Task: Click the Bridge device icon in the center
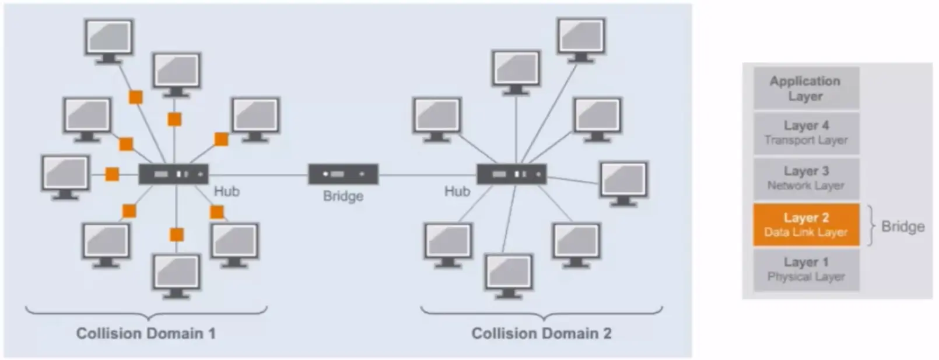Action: (343, 174)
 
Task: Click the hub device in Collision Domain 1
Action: (173, 174)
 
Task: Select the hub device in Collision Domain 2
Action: (511, 174)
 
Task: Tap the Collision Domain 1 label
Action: (146, 334)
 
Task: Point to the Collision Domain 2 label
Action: (541, 334)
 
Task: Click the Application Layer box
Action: (805, 89)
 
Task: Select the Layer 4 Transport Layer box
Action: (806, 133)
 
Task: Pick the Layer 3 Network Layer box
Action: (806, 178)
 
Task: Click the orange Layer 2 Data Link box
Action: (806, 225)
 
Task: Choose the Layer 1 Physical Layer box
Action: (806, 270)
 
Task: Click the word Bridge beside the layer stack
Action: (902, 226)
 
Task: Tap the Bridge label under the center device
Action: (343, 197)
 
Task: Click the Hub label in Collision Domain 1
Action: (226, 191)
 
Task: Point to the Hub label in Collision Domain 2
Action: (457, 191)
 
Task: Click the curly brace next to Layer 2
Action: (872, 225)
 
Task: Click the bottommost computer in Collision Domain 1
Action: (176, 275)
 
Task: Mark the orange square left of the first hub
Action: (112, 174)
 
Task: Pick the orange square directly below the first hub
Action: (176, 235)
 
